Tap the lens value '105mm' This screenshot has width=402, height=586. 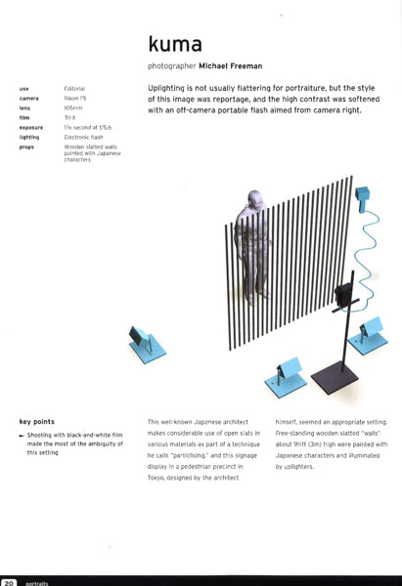click(x=74, y=108)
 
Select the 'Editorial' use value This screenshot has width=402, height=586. click(x=75, y=89)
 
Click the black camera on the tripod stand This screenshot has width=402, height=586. click(x=344, y=293)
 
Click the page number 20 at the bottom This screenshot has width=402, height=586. click(x=9, y=580)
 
